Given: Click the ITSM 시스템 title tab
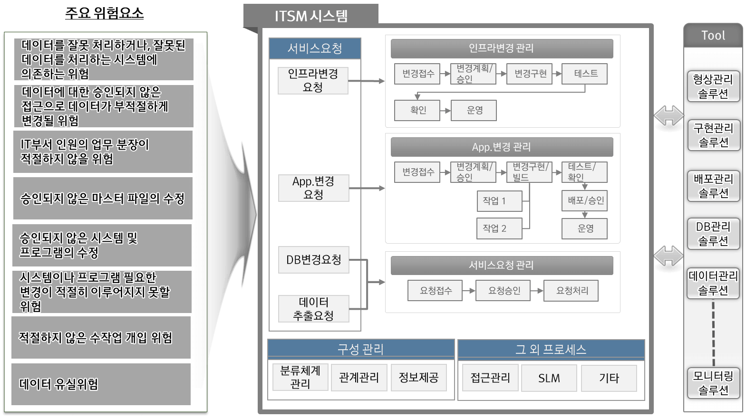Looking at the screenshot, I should pos(311,16).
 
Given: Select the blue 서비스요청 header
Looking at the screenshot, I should pos(315,48).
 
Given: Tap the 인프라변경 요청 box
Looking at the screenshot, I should pos(313,80).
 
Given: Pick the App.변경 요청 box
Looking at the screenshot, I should pos(313,188).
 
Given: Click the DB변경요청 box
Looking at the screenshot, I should pos(313,260).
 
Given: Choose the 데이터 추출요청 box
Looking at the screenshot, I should pos(313,309).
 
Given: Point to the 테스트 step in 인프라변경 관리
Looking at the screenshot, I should pos(585,74).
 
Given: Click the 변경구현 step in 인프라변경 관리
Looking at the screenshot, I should pos(530,74).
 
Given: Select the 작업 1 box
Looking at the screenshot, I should pos(499,201).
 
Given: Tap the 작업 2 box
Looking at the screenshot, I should pos(499,228).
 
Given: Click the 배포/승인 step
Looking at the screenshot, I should pos(585,200).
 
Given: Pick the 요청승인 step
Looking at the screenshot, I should pos(504,291).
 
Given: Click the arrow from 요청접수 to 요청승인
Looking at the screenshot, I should pos(469,291).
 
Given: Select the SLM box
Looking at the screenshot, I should pos(549,378).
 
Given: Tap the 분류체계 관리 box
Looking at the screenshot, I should pos(300,377).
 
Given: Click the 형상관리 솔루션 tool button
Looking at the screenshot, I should pos(713,86).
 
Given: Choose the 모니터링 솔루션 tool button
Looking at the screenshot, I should pos(713,383).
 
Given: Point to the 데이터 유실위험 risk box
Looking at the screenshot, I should pos(101,384).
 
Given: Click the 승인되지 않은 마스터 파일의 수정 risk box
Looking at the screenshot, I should pos(103,199).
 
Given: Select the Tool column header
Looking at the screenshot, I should pos(713,36).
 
